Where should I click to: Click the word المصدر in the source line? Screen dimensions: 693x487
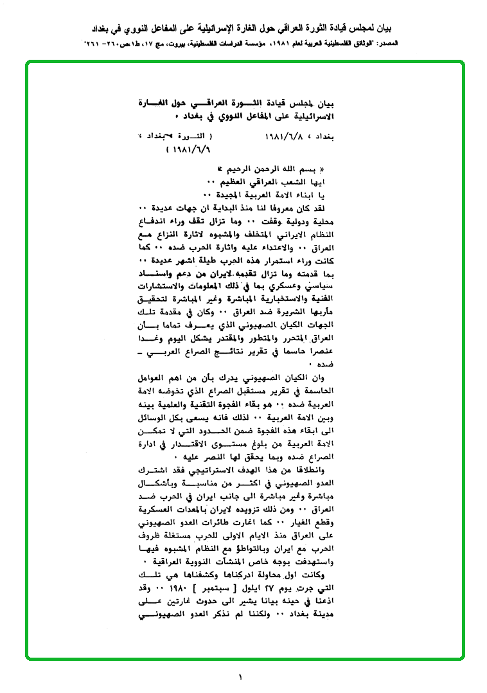click(x=387, y=42)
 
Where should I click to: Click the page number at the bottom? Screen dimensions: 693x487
click(x=240, y=677)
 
